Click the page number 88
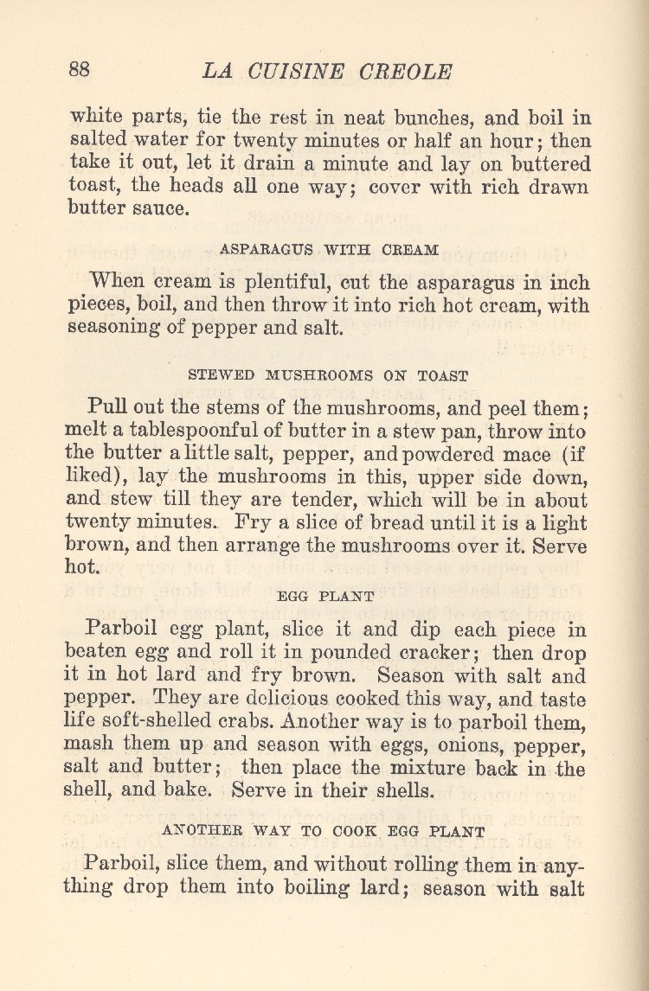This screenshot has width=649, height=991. [x=79, y=70]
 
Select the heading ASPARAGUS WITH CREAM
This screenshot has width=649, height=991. [x=329, y=249]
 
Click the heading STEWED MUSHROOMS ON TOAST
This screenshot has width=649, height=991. [x=328, y=376]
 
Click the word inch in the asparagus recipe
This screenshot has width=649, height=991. [x=569, y=283]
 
